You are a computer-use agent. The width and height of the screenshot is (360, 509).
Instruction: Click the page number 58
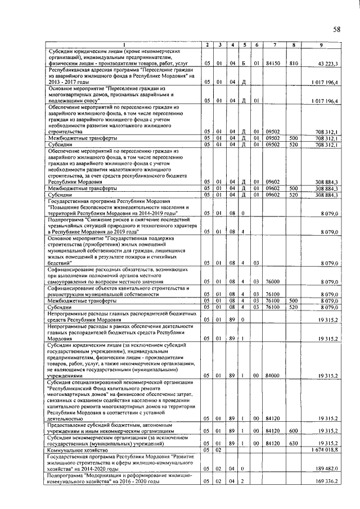tap(337, 29)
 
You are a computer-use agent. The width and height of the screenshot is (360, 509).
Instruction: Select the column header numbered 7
tap(273, 45)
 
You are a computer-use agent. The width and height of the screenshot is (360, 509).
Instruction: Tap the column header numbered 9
tap(320, 45)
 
